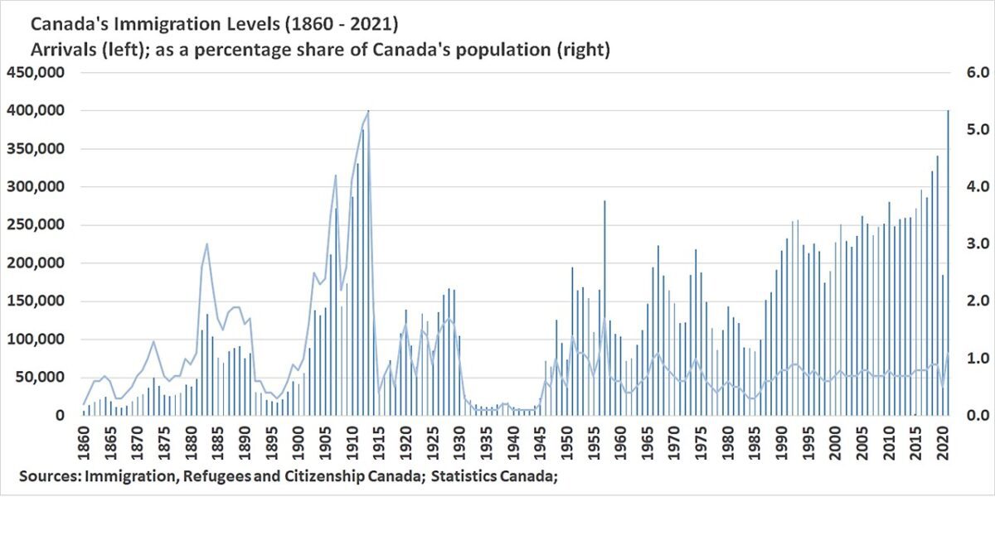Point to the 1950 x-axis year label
(567, 445)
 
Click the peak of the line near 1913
(367, 112)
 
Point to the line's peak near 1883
(206, 244)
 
